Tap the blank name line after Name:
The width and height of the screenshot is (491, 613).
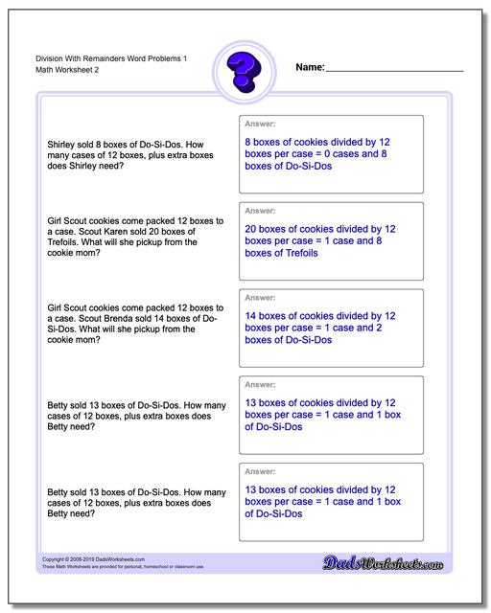(x=394, y=69)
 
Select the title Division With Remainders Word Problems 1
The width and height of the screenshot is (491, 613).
(x=103, y=58)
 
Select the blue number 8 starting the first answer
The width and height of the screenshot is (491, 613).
(x=249, y=142)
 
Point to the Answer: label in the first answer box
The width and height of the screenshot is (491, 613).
(x=261, y=124)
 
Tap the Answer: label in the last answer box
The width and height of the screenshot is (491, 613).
(x=261, y=472)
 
